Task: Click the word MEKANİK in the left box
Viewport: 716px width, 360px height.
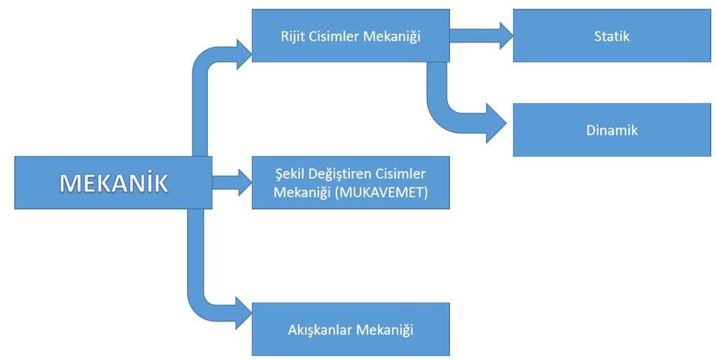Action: pos(113,183)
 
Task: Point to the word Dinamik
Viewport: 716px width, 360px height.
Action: pos(612,130)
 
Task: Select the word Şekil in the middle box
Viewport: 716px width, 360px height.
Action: pos(290,173)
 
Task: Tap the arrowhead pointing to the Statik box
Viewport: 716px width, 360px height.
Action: pos(505,36)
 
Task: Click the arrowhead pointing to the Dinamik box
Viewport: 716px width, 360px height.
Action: pos(497,125)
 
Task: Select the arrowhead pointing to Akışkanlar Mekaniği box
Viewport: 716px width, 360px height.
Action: pos(244,312)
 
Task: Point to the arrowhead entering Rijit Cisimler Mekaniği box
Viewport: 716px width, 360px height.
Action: pos(244,54)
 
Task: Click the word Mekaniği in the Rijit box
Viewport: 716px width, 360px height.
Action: pos(391,36)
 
